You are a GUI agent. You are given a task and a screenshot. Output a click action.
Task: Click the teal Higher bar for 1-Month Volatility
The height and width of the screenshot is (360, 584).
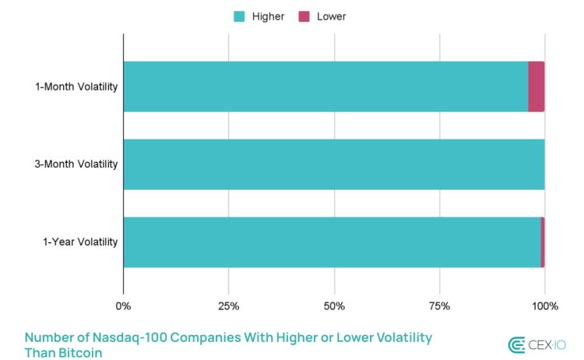click(325, 86)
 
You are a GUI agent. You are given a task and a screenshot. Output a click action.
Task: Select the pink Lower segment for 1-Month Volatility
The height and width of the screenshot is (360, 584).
click(536, 86)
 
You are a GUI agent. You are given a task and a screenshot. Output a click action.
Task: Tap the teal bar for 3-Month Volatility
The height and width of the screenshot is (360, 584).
click(333, 164)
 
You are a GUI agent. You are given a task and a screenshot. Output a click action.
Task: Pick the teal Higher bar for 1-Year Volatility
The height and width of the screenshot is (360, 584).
click(332, 242)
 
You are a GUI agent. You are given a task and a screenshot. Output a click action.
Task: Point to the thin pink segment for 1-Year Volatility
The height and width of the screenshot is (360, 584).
click(543, 242)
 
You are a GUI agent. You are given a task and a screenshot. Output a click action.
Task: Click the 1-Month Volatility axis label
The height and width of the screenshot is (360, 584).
click(76, 86)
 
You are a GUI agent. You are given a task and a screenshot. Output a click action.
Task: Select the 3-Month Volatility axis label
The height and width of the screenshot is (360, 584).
click(76, 164)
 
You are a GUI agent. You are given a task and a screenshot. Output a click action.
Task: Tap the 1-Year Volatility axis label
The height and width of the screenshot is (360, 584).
click(80, 242)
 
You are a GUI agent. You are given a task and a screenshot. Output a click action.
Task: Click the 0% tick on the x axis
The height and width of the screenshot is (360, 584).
click(123, 306)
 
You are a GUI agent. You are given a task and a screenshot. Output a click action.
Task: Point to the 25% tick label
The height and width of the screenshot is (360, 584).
click(228, 306)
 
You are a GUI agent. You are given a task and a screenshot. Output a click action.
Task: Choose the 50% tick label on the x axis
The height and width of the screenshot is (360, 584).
click(334, 306)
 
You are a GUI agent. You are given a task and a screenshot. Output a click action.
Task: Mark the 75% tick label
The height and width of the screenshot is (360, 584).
click(439, 306)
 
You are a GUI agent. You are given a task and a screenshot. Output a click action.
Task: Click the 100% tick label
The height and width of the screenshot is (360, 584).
click(544, 306)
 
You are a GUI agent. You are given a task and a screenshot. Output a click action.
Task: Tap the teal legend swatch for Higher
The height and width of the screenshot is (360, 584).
click(239, 16)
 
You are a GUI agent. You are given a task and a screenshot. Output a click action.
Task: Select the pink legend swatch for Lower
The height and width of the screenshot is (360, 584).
click(305, 16)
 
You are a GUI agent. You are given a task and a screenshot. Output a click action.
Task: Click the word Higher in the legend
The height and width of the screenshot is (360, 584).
click(268, 16)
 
